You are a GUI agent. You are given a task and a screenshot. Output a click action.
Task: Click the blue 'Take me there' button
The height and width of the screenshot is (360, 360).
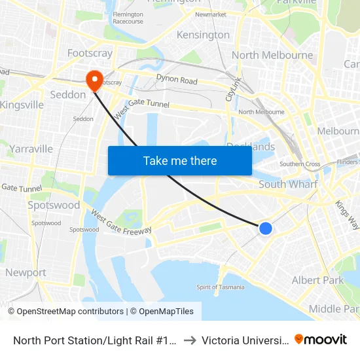(x=180, y=160)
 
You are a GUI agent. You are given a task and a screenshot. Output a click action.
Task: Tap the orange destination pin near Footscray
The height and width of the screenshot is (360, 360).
(x=95, y=81)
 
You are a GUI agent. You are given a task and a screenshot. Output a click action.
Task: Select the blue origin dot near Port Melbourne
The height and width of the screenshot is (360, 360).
(x=265, y=228)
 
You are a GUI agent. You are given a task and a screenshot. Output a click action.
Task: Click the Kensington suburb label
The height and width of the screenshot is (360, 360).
(x=203, y=35)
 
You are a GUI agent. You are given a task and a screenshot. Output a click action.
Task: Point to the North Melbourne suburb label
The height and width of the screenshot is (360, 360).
(x=272, y=55)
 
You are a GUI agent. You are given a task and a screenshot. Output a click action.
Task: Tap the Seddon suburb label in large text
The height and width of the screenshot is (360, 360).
(x=68, y=94)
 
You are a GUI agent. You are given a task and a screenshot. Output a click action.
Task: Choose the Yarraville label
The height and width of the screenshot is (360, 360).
(x=31, y=149)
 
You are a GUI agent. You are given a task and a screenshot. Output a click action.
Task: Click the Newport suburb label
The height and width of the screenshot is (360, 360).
(x=26, y=272)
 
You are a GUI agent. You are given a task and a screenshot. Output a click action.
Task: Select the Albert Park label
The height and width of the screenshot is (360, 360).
(x=317, y=280)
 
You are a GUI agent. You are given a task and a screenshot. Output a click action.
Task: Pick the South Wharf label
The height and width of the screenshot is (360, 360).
(x=288, y=184)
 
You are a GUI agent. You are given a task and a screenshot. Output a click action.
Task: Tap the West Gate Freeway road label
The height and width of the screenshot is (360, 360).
(x=121, y=223)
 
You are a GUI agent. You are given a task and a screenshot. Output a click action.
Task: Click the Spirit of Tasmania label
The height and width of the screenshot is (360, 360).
(x=221, y=287)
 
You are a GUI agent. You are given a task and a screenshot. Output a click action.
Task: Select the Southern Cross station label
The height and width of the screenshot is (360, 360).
(x=300, y=164)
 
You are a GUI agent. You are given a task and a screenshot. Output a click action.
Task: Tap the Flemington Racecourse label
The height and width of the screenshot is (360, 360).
(x=128, y=18)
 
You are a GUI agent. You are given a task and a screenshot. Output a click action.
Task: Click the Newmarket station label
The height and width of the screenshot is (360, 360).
(x=210, y=14)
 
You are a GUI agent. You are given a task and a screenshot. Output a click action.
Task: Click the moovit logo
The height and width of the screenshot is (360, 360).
(x=321, y=340)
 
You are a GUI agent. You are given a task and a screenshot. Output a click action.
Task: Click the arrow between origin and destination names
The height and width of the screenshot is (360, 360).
(x=189, y=340)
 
